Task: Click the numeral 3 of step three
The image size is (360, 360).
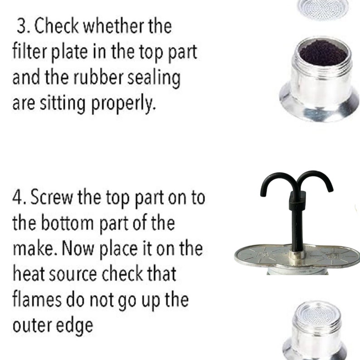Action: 22,26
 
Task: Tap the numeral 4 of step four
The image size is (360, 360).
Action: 18,197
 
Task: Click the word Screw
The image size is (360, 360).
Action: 51,196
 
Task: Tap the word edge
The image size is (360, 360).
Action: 75,326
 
